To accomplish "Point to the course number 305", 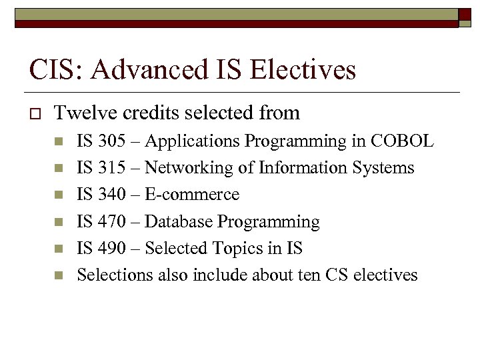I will point(111,141).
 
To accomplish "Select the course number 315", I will point(111,168).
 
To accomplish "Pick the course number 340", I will point(111,195).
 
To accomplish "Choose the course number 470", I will point(111,221).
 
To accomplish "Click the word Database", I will point(175,221).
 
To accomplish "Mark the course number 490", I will point(111,248).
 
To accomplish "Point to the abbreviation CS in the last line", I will point(337,275).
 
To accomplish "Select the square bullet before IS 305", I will point(59,142).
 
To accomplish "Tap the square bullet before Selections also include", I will point(59,275).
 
